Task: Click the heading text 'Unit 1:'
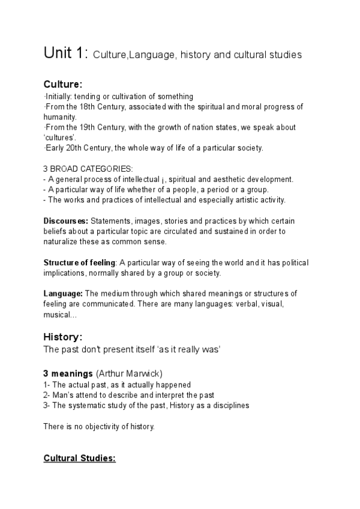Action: coord(65,53)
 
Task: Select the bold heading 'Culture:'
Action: coord(64,84)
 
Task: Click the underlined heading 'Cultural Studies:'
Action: coord(79,459)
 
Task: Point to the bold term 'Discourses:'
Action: coord(65,221)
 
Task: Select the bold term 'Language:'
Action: coord(64,294)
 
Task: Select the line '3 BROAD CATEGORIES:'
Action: coord(89,169)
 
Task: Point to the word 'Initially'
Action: coord(58,97)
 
